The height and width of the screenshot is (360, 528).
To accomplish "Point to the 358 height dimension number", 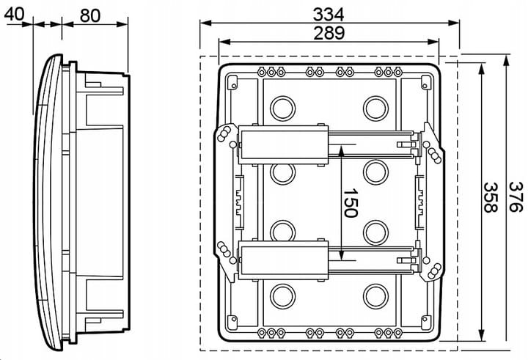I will tap(486, 197).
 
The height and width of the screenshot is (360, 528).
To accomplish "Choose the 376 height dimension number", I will tap(516, 197).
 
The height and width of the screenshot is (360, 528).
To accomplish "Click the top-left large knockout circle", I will tap(281, 109).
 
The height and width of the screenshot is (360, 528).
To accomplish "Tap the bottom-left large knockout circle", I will tap(281, 296).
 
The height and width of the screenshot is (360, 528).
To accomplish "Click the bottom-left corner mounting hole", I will tap(232, 317).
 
